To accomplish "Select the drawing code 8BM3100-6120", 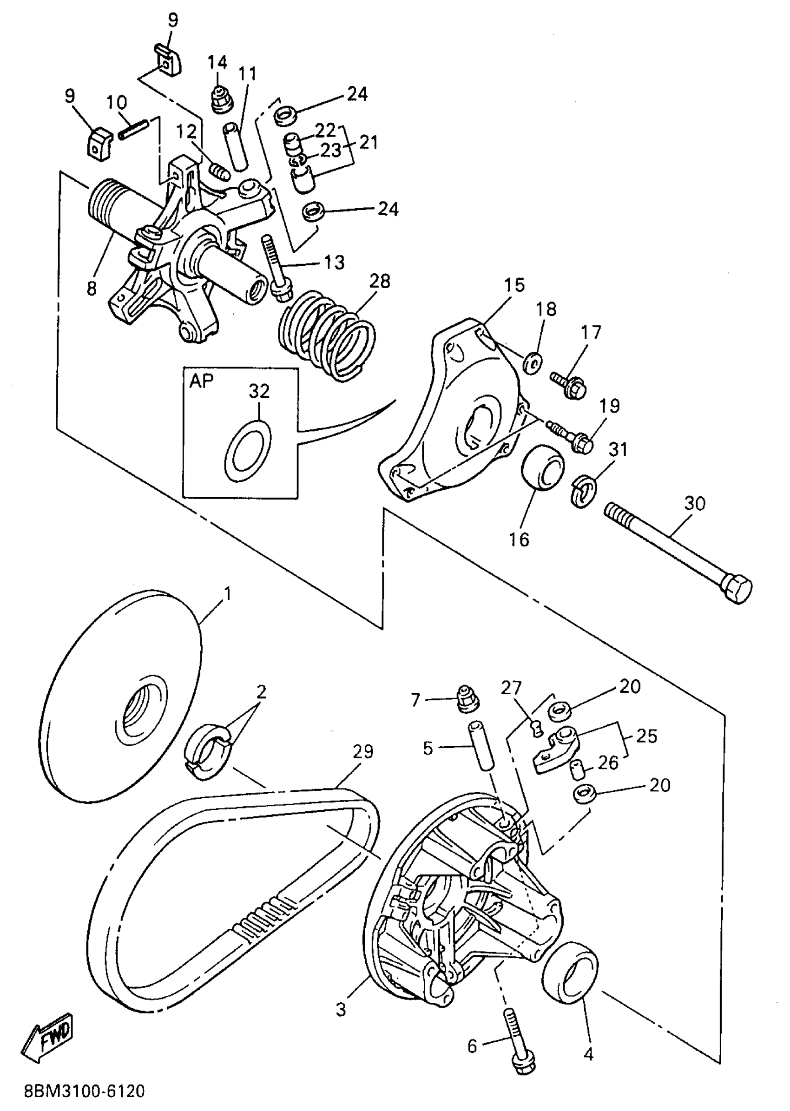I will pyautogui.click(x=85, y=1091).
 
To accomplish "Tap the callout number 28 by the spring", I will pyautogui.click(x=380, y=281).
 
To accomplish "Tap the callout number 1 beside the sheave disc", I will pyautogui.click(x=227, y=594).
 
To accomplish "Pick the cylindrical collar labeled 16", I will pyautogui.click(x=542, y=467).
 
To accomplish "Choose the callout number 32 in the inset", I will pyautogui.click(x=259, y=391).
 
